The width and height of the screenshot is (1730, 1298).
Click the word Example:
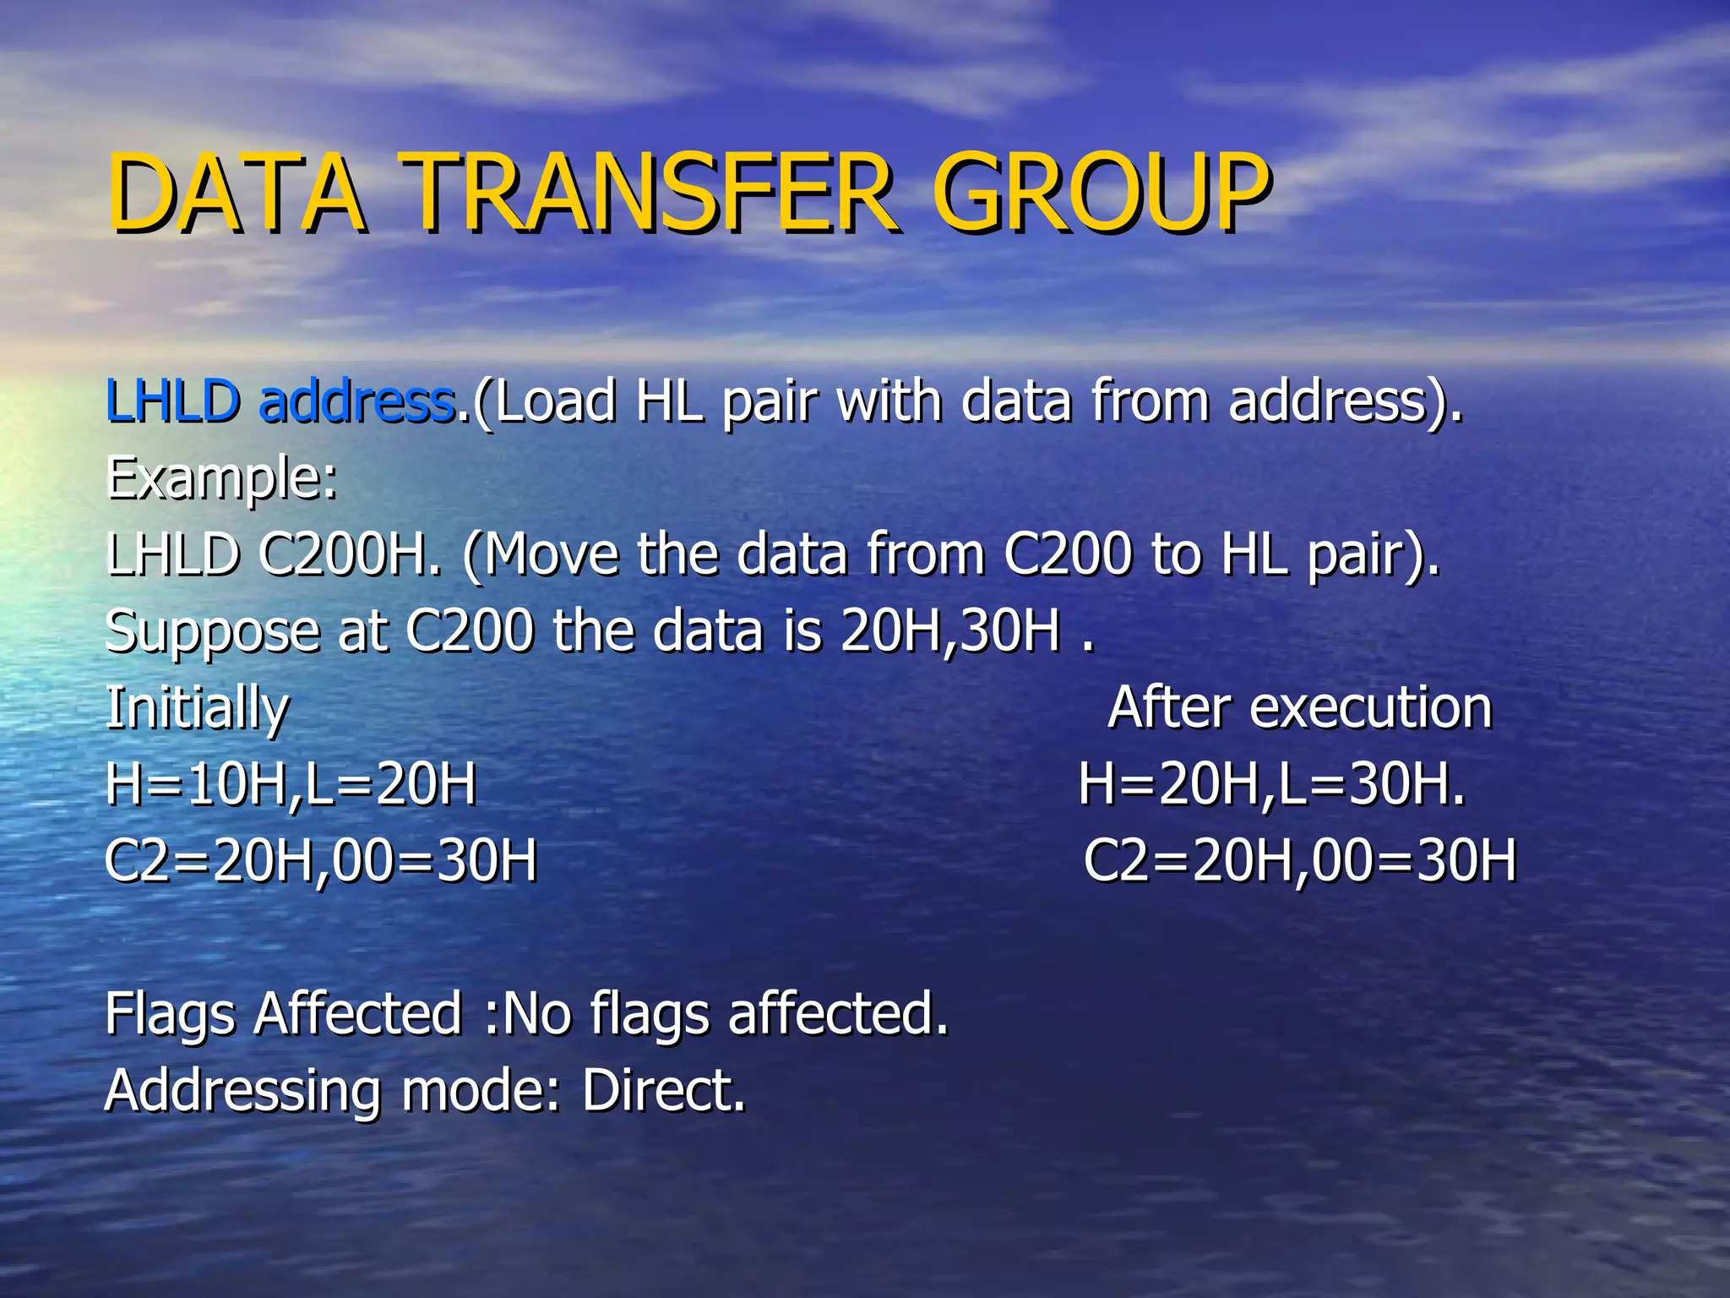(x=221, y=478)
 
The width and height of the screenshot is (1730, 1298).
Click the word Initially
(x=197, y=708)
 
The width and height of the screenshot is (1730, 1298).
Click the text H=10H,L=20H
(x=291, y=784)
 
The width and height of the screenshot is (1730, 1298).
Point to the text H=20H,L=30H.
(x=1271, y=784)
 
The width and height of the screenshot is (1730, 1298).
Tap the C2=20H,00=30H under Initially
(x=321, y=861)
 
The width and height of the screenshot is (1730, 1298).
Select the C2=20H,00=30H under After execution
(x=1300, y=861)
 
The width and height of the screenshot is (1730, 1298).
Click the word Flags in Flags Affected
(x=170, y=1014)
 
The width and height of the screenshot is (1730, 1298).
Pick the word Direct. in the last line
(x=664, y=1090)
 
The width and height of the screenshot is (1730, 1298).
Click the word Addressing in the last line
(x=243, y=1092)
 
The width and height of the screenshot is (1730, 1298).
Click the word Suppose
(x=212, y=632)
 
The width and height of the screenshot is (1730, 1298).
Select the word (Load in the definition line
(x=545, y=402)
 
